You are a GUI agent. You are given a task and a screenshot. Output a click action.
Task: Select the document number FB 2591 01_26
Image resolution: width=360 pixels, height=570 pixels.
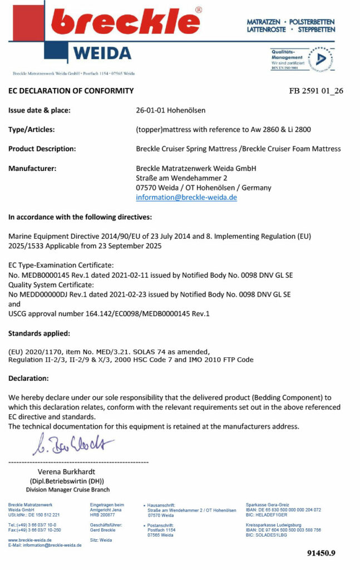[316, 91]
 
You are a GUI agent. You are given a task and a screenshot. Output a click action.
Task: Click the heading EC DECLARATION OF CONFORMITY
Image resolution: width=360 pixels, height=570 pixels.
[71, 91]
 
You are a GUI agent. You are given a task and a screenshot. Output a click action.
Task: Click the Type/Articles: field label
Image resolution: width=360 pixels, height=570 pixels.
[31, 130]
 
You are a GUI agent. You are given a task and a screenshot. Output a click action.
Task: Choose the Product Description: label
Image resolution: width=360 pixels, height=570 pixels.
[42, 149]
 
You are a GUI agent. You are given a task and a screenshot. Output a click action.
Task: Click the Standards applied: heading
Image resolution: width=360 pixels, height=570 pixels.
[39, 333]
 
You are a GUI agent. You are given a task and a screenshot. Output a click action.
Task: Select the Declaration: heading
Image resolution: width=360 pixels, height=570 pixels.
[28, 378]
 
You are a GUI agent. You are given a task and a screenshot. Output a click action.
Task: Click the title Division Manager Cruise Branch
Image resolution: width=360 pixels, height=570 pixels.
[66, 489]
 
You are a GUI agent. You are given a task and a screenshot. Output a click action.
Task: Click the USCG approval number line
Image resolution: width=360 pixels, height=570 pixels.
[109, 314]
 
